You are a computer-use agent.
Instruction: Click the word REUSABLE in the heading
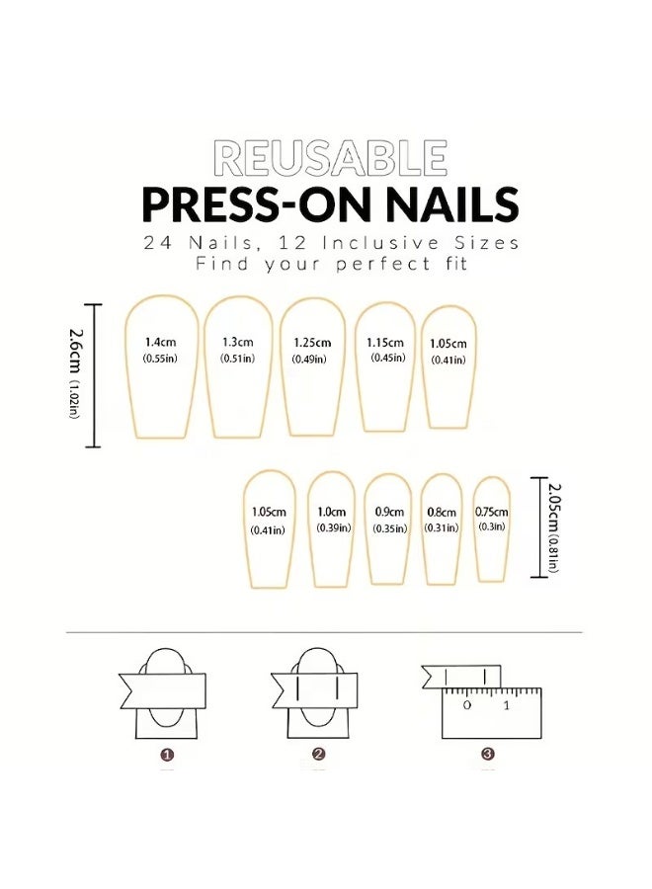click(330, 159)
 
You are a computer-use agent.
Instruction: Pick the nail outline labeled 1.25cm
click(312, 366)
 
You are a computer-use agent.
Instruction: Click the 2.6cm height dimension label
click(73, 373)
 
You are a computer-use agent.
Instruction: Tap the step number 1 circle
click(167, 755)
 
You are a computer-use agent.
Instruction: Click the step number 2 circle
click(318, 755)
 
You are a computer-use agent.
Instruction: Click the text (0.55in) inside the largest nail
click(159, 358)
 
